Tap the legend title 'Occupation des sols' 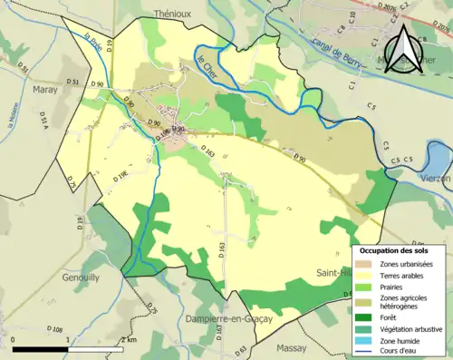point(400,250)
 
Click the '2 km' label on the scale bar point(129,340)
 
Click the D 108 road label point(53,328)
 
